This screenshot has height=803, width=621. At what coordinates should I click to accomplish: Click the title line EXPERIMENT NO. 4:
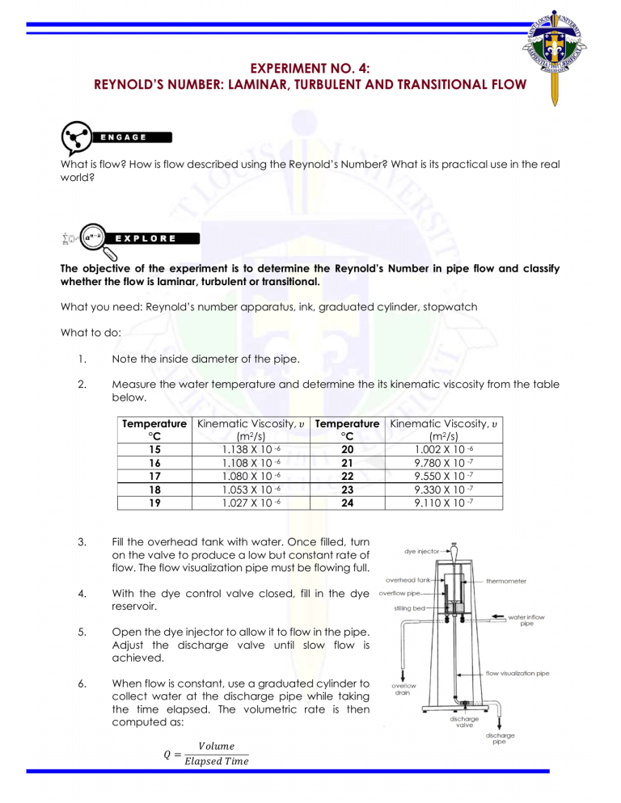(310, 70)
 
